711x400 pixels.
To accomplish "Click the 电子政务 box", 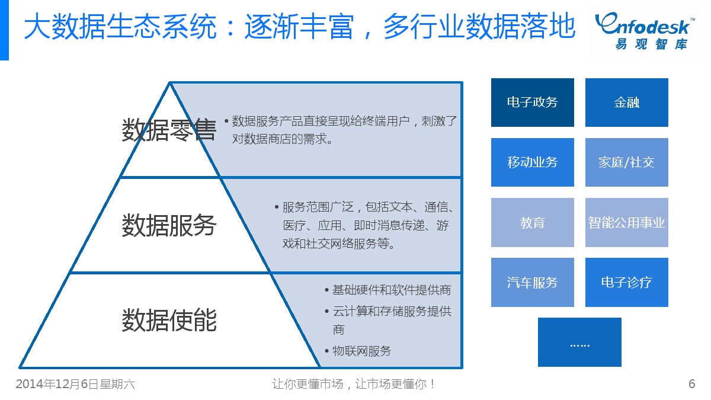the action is tap(532, 103).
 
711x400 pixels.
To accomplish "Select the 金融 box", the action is tap(626, 103).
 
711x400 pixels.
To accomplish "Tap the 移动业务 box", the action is tap(532, 162).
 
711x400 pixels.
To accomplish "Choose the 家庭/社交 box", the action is tap(626, 162).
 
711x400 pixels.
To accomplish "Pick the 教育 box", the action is tap(532, 222).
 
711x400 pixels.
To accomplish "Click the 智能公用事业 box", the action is tap(626, 222).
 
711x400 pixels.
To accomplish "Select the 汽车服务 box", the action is tap(532, 282).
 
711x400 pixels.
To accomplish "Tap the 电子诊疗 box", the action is tap(626, 282).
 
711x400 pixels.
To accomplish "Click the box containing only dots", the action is tap(579, 343).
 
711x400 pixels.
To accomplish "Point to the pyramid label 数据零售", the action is tap(169, 130).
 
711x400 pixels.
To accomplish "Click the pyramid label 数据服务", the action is tap(169, 225).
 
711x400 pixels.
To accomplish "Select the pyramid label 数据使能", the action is tap(169, 320).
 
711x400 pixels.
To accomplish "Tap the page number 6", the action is tap(691, 384).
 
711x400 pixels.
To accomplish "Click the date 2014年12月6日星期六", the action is tap(75, 384).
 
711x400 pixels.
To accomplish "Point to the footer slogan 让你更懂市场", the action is tap(308, 384).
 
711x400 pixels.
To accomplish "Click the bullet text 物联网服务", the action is tap(361, 351).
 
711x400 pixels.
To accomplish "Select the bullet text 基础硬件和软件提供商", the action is tap(391, 290).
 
